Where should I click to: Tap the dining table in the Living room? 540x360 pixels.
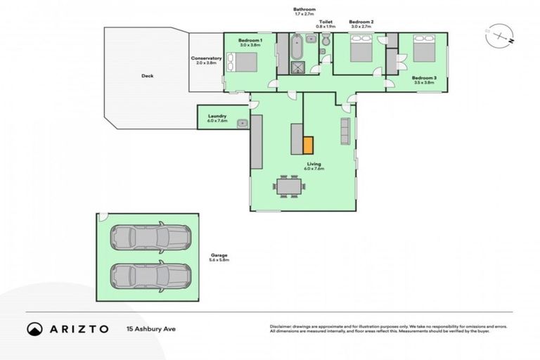[289, 187]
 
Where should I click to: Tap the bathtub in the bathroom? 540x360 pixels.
[296, 47]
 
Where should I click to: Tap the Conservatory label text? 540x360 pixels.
[207, 58]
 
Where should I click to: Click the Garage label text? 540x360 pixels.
[219, 255]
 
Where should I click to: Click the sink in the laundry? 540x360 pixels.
[241, 123]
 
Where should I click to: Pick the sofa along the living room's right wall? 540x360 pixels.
[345, 131]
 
